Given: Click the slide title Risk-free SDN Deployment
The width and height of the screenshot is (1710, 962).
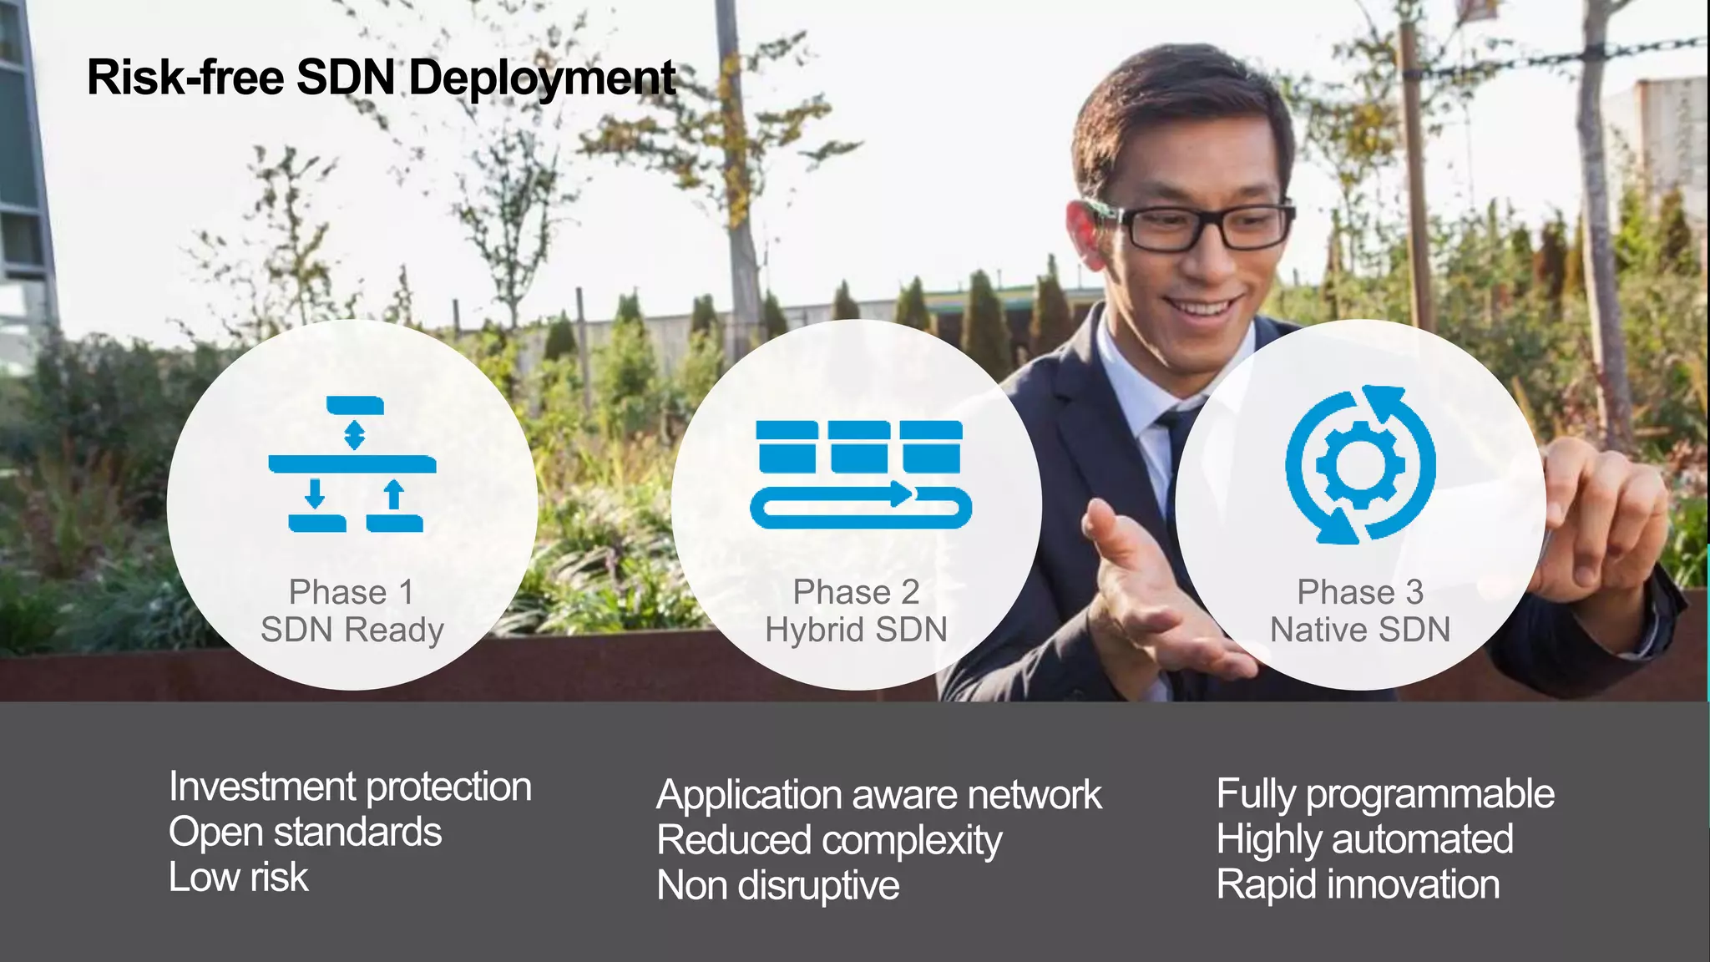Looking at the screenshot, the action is (381, 78).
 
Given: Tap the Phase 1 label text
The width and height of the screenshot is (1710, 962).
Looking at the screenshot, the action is (352, 592).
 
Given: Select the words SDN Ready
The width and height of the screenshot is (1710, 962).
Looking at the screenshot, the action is (352, 630).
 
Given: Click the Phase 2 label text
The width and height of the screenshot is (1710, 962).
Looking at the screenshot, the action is (856, 592).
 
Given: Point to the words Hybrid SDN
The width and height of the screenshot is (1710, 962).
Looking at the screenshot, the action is (856, 630).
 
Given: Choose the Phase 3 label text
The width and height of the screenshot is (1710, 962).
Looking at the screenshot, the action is (1360, 592).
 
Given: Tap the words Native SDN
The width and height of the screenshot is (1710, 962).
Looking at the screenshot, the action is (1360, 630).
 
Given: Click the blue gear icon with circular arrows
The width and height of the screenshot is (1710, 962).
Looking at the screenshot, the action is (1360, 464).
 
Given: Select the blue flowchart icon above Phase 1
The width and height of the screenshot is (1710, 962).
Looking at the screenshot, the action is (352, 464).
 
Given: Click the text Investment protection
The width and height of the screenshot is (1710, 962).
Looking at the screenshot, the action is (350, 787).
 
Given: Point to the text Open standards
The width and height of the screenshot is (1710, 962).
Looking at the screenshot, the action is (305, 833).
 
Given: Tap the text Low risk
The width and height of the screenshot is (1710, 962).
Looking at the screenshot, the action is (238, 878).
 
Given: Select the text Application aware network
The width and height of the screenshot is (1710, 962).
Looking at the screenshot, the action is (878, 795).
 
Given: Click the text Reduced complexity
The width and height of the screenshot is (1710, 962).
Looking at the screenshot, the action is (829, 840).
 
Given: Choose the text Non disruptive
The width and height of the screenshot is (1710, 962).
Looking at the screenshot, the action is (778, 886).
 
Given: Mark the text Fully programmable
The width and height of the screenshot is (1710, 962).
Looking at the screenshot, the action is (1385, 794).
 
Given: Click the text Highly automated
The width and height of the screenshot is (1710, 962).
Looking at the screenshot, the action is (1364, 839).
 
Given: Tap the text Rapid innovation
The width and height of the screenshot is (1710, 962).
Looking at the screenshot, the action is (1358, 885).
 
